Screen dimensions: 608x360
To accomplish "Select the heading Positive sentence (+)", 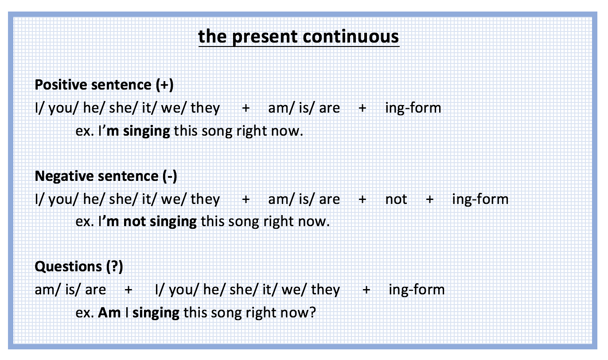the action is pos(104,85).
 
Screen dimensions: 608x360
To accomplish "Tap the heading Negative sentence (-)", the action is pos(106,176).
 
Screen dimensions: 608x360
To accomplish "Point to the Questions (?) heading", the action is pos(79,266).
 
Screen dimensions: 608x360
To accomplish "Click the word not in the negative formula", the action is pos(396,200).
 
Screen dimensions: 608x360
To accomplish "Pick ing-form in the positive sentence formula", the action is pos(413,108).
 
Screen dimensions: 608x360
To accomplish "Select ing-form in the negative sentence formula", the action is pos(480,199).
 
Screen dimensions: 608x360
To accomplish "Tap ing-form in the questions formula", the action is pos(417,290).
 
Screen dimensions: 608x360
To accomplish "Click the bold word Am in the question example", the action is pos(109,313).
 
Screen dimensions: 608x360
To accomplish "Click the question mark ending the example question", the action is pos(312,313).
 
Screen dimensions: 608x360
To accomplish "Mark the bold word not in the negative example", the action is pos(134,222).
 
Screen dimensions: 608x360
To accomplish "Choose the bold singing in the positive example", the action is pos(147,131).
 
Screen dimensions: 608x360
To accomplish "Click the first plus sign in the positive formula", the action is pos(246,108).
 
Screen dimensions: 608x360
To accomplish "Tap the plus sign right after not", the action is pos(429,200).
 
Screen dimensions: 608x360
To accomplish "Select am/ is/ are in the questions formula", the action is pos(70,290).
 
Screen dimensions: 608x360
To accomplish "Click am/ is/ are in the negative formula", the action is pos(304,199).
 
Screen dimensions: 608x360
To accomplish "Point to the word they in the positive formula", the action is pos(205,108).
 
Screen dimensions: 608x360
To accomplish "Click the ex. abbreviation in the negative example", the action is pos(85,222).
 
